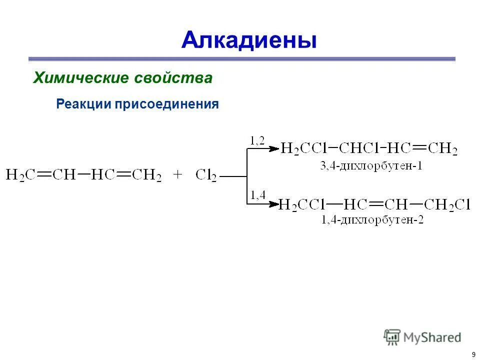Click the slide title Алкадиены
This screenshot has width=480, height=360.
coord(249,39)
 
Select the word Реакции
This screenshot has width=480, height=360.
coord(84,104)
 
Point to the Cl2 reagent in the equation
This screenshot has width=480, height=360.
coord(206,175)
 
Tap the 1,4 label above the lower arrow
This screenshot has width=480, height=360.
coord(257,195)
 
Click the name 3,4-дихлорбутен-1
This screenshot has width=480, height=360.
coord(370,165)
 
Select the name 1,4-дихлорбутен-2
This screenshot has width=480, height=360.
coord(372,220)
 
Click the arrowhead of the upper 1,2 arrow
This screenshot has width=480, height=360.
coord(274,148)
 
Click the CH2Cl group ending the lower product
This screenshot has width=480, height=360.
coord(447,204)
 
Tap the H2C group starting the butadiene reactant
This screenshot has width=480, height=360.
coord(20,175)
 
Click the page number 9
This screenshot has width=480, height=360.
coord(472,354)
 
